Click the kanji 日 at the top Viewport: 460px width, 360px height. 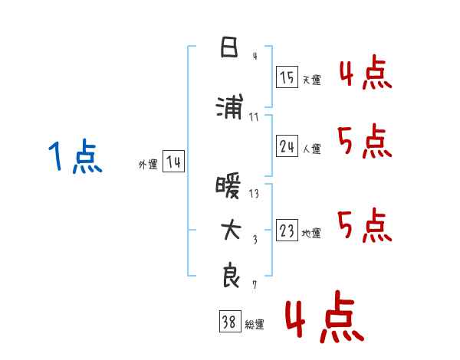[x=229, y=47]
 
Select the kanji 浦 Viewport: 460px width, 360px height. [x=230, y=106]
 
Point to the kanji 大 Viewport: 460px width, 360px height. [x=231, y=230]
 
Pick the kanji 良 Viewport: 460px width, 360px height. [x=231, y=275]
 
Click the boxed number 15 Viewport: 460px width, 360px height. [x=287, y=77]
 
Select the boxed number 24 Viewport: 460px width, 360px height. [x=287, y=146]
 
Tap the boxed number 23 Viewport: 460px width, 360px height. [x=287, y=230]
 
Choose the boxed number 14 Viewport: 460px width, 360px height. [x=173, y=162]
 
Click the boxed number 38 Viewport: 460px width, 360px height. [x=230, y=321]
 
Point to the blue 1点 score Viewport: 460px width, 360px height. [x=75, y=155]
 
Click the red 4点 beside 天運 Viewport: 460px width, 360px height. [x=366, y=72]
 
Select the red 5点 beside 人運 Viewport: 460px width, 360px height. [x=365, y=141]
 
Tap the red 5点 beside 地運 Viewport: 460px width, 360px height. [x=365, y=225]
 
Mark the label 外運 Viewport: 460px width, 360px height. [x=148, y=165]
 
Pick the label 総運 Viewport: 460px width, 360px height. [x=255, y=325]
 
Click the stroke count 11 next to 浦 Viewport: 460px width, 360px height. [x=254, y=117]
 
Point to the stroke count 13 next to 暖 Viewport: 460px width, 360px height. [x=254, y=194]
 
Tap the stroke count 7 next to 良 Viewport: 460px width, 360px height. [x=255, y=285]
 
